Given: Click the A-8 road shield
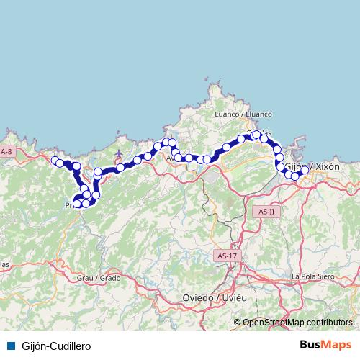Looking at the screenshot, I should coord(6,152).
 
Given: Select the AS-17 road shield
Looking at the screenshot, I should coord(225,255).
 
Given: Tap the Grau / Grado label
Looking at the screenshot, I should coord(99,277).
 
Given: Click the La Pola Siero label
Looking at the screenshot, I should coord(315,276).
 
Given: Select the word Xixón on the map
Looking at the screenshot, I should coord(327,166).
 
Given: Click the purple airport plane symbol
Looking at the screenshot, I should coord(119,153).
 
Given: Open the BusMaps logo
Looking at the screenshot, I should coord(326,346).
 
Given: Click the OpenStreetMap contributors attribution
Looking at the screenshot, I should coord(297,323).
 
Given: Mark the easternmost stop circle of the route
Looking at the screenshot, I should coord(305,170).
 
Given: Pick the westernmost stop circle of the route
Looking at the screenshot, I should coord(55,160).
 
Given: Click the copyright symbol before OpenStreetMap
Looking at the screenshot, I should coord(237,323).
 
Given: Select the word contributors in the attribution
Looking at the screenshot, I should coord(329,323).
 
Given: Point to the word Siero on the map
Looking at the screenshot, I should coord(327,276).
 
